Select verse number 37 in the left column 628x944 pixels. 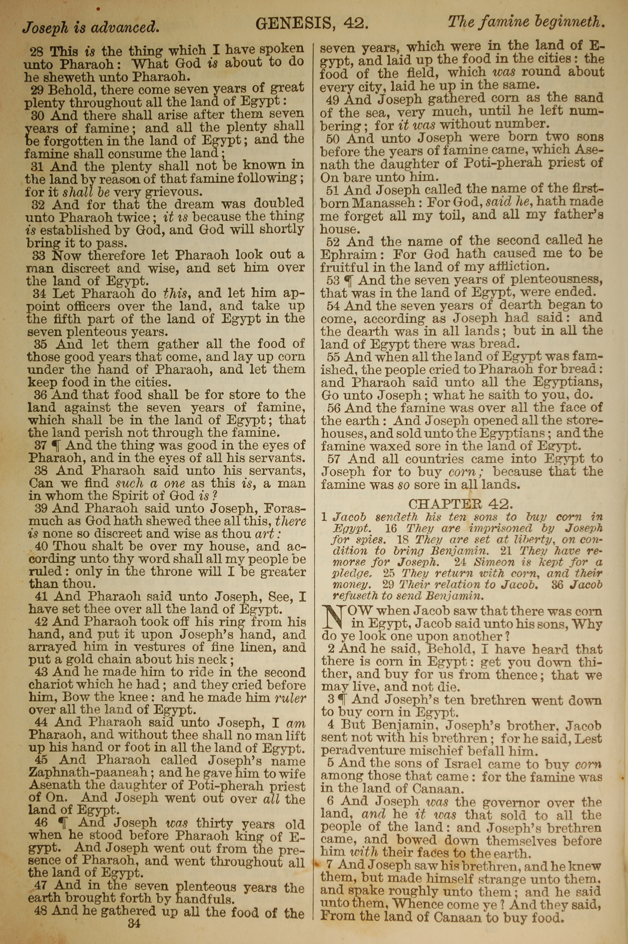pos(41,445)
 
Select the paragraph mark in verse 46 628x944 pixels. pos(62,824)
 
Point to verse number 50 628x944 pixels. pos(333,139)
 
